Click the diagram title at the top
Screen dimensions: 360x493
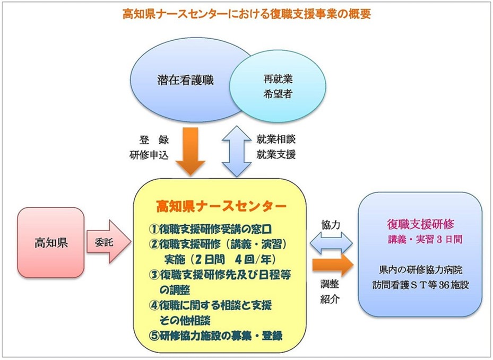coord(246,14)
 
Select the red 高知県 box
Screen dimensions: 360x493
coord(51,243)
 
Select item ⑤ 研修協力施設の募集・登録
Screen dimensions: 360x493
coord(215,336)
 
